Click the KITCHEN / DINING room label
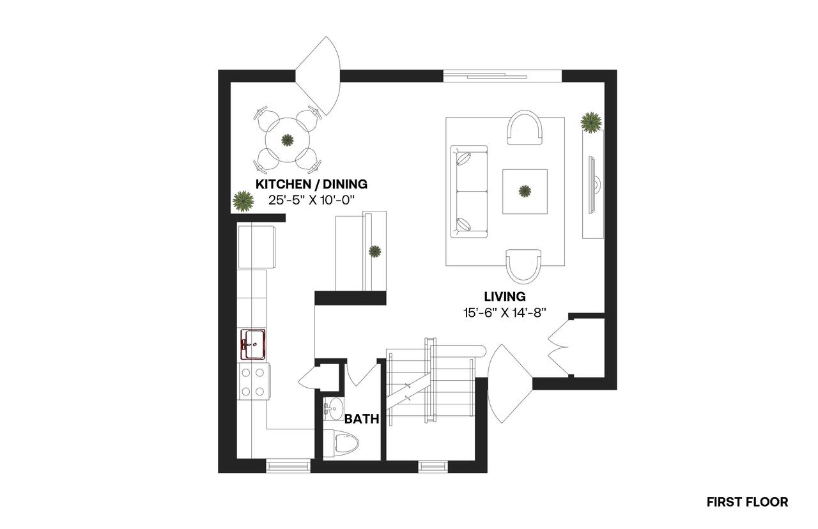point(311,185)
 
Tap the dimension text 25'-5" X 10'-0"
point(311,200)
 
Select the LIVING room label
point(505,296)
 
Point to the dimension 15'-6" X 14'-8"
point(505,313)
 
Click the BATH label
point(362,418)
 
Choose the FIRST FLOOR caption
point(747,502)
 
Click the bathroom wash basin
point(333,410)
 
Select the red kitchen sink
point(253,344)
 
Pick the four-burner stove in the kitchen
point(254,381)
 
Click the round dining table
point(288,140)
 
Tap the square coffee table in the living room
point(525,191)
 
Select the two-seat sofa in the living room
point(469,191)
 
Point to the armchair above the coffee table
point(525,127)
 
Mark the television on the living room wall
point(592,185)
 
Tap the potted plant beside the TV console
point(591,122)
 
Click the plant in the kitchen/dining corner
point(243,201)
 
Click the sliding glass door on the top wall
point(502,76)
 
